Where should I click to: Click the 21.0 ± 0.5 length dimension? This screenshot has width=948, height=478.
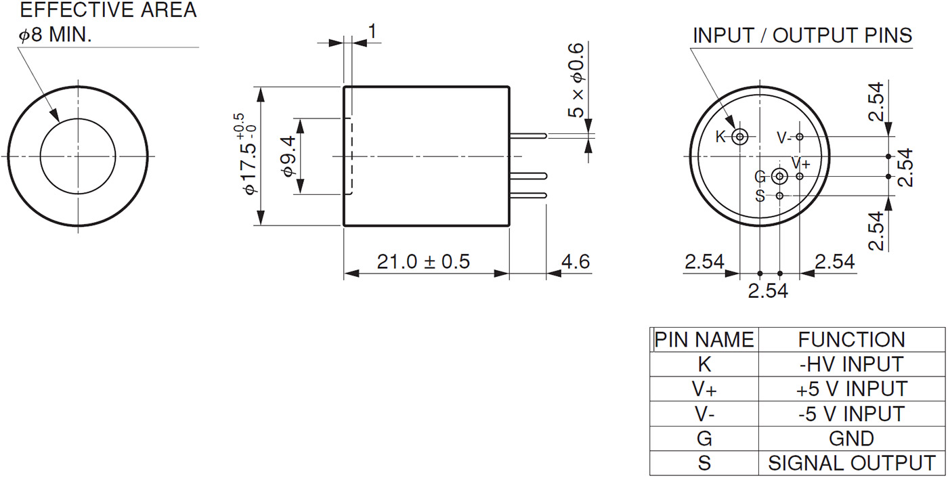pos(423,261)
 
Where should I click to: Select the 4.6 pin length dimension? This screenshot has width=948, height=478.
pos(576,261)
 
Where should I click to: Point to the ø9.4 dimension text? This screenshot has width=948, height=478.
pos(287,156)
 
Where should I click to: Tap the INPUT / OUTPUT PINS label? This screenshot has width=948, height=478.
pos(802,36)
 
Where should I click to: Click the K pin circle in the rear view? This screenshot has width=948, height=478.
pos(740,137)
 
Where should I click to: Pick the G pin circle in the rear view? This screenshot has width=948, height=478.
pos(780,177)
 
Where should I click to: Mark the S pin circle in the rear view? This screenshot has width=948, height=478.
pos(780,196)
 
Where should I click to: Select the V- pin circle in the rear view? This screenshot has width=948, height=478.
pos(800,137)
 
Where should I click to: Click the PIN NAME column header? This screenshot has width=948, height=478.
pos(704,339)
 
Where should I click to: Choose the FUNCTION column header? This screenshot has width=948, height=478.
pos(850,339)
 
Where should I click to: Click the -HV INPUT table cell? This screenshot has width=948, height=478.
pos(850,364)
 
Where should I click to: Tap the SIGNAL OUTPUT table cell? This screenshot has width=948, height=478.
pos(850,463)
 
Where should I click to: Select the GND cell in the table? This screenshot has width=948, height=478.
pos(850,439)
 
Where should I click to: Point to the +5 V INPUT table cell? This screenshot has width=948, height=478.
pos(850,389)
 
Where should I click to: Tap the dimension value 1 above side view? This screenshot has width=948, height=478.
pos(372,30)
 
